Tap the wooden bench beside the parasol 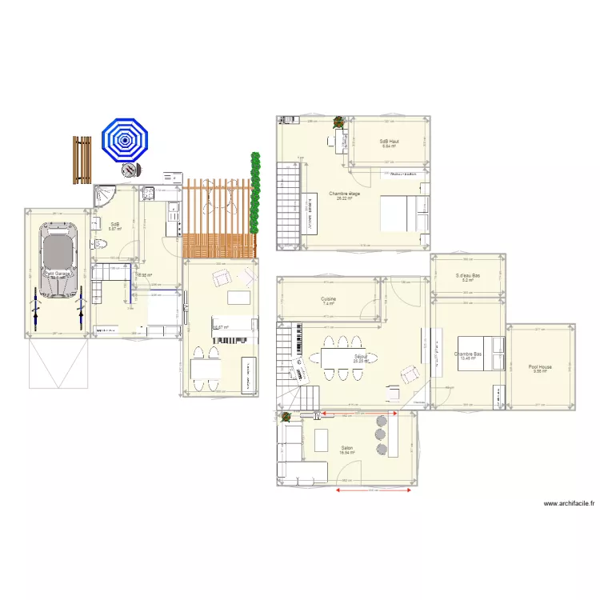click(x=82, y=159)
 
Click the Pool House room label click(x=540, y=369)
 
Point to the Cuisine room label click(x=329, y=300)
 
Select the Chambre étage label click(x=344, y=194)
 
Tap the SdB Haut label click(x=390, y=142)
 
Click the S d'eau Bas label click(x=467, y=277)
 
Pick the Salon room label click(x=346, y=449)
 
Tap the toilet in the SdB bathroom click(x=98, y=243)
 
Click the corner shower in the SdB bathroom click(x=104, y=196)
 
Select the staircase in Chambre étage click(x=286, y=204)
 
